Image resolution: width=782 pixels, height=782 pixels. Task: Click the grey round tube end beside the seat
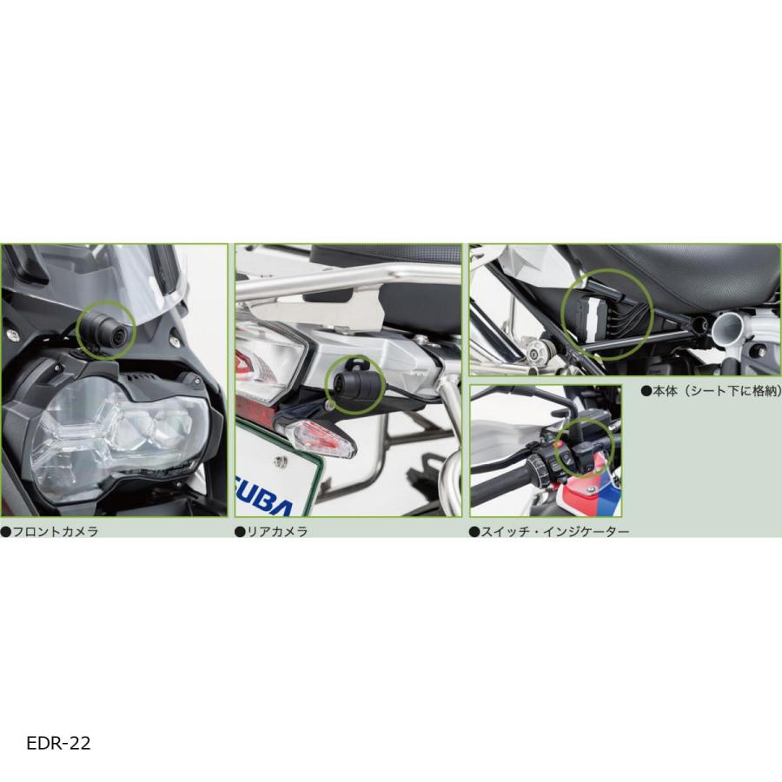point(728,328)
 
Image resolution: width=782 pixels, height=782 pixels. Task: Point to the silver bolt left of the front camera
point(14,333)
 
